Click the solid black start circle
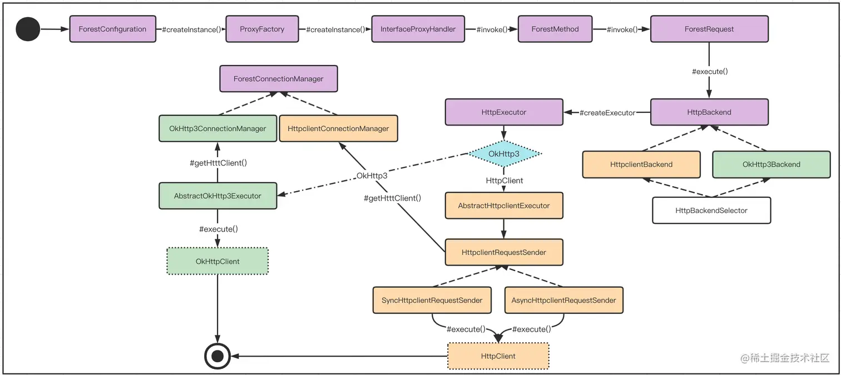pos(27,29)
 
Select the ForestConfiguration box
pos(112,29)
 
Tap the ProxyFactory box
pos(262,29)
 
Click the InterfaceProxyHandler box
pos(418,29)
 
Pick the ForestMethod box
pos(555,29)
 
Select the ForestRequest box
pos(709,29)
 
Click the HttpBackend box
pos(709,112)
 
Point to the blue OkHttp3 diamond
pos(504,153)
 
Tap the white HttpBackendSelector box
pos(711,211)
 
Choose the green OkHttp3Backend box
pos(771,164)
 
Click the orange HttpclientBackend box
pos(641,164)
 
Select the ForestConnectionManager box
pos(278,79)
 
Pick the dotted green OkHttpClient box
pos(217,261)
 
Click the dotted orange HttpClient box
pos(498,356)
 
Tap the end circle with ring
pos(217,356)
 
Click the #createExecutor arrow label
pos(607,113)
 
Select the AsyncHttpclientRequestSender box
pos(563,300)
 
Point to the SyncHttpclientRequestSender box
pos(432,300)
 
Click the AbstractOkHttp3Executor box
pos(217,196)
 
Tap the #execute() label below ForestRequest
pos(710,71)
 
